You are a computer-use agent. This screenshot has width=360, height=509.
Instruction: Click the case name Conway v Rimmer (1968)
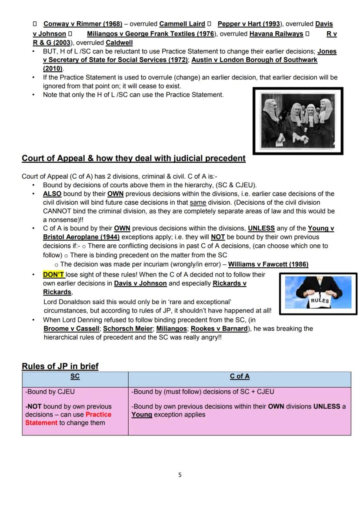coord(83,24)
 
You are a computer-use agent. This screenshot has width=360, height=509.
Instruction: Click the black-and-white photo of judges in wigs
coord(298,120)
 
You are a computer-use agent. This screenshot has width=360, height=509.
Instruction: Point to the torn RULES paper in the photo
coord(320,300)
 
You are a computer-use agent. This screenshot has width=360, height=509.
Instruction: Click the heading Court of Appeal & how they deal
coord(133,159)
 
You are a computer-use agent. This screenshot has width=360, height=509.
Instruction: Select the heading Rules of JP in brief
coord(60,366)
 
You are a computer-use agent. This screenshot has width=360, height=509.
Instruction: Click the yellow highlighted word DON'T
coord(53,275)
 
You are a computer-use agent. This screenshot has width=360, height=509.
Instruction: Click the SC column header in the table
coord(75,377)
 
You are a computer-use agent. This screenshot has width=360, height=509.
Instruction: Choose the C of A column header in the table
coord(240,377)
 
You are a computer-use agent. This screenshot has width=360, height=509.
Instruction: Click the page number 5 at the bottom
coord(180,475)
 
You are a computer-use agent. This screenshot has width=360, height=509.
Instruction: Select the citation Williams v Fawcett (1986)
coord(268,264)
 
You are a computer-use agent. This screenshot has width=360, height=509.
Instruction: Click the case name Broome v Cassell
coord(71,329)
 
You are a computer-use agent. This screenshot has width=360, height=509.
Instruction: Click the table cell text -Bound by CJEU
coord(50,392)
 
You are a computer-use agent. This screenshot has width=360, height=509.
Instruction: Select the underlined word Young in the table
coord(142,415)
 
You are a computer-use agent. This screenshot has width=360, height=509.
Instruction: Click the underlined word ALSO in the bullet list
coord(52,194)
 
